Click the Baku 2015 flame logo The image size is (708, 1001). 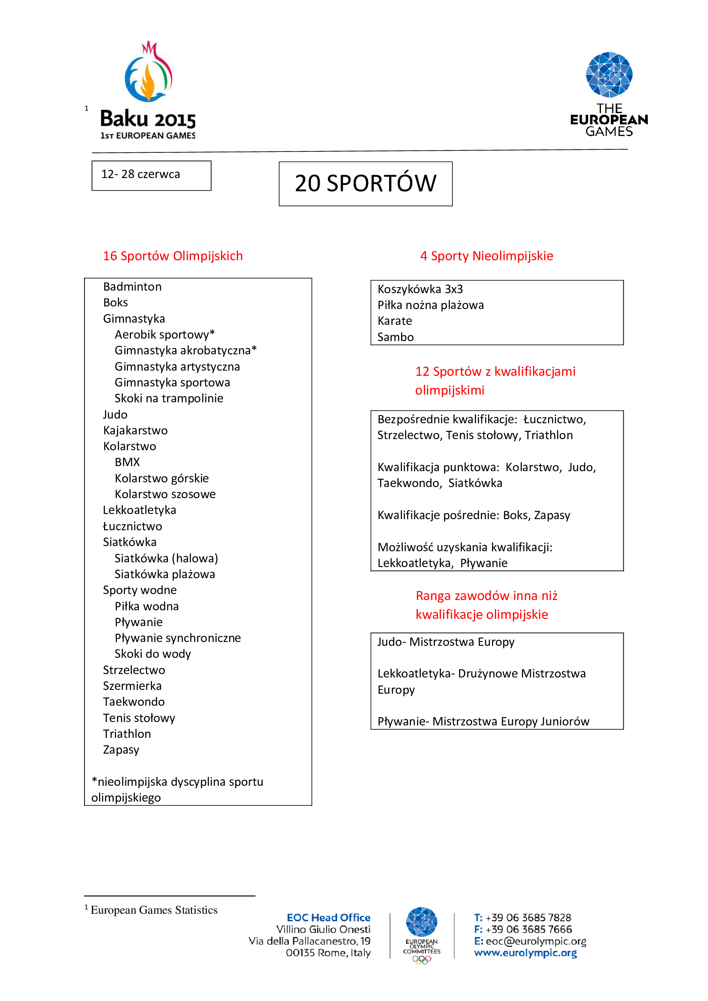point(148,72)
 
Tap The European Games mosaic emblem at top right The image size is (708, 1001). point(609,74)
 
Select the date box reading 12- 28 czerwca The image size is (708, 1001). point(151,175)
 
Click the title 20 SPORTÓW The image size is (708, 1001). point(365,184)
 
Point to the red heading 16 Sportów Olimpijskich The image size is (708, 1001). point(173,256)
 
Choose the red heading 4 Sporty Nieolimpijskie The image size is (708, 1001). point(486,256)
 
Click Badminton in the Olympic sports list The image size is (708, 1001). point(132,287)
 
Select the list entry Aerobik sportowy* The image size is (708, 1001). point(164,335)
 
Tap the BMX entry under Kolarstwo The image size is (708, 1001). point(127,462)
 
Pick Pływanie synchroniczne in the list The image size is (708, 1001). point(178,638)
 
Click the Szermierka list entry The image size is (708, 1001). point(132,686)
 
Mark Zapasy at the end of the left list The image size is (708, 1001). point(121,750)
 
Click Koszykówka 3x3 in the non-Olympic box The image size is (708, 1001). point(420,289)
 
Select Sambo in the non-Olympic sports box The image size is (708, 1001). point(395,337)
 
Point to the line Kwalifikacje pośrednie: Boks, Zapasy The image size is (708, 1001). point(473,515)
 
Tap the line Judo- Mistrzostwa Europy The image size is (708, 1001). point(446,642)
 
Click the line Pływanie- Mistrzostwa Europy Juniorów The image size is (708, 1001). point(483,722)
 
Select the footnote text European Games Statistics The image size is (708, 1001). point(154,910)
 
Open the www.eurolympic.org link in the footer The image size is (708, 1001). point(525,953)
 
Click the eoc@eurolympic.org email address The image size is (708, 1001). point(536,941)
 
